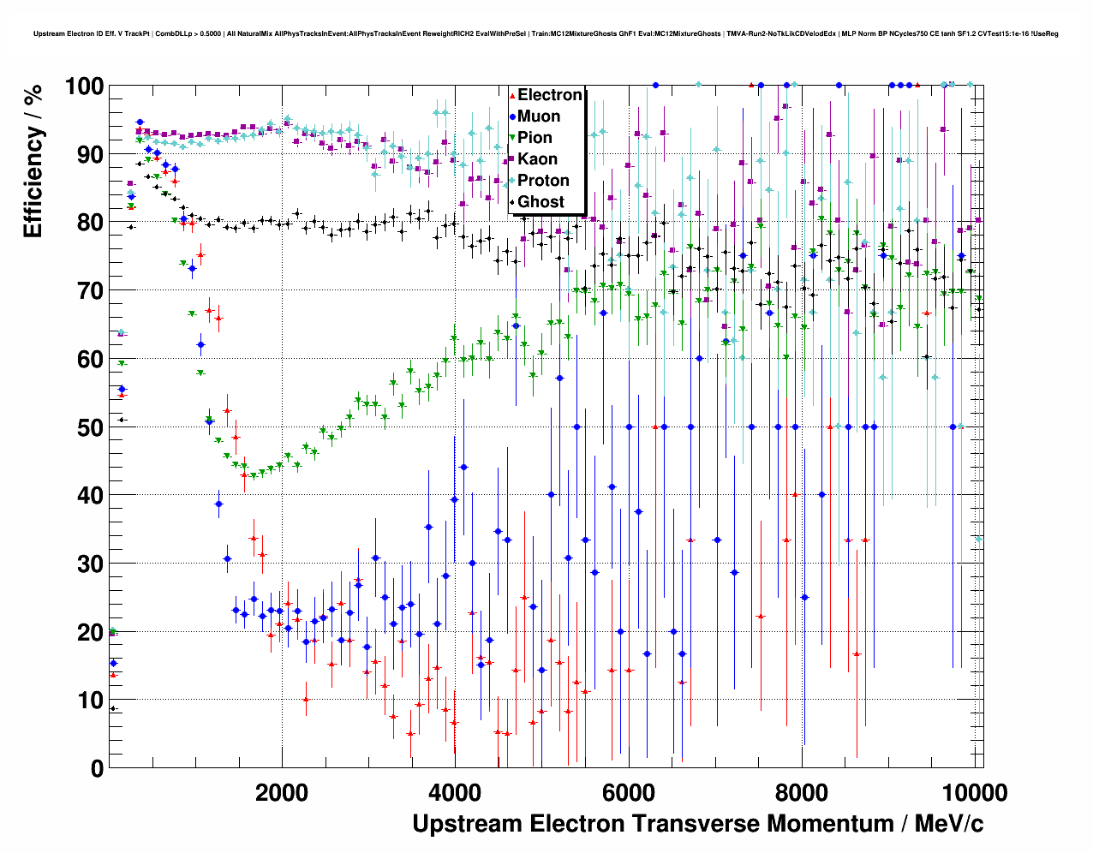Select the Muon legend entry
click(x=539, y=116)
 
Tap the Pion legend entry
click(x=535, y=138)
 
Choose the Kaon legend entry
click(x=537, y=159)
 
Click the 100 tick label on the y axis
click(x=84, y=86)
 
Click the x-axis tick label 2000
click(x=281, y=793)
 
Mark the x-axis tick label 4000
click(x=455, y=793)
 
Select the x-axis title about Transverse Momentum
click(x=697, y=824)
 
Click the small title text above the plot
click(x=546, y=34)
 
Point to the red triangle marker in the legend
click(x=512, y=95)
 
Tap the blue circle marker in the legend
click(x=512, y=116)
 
